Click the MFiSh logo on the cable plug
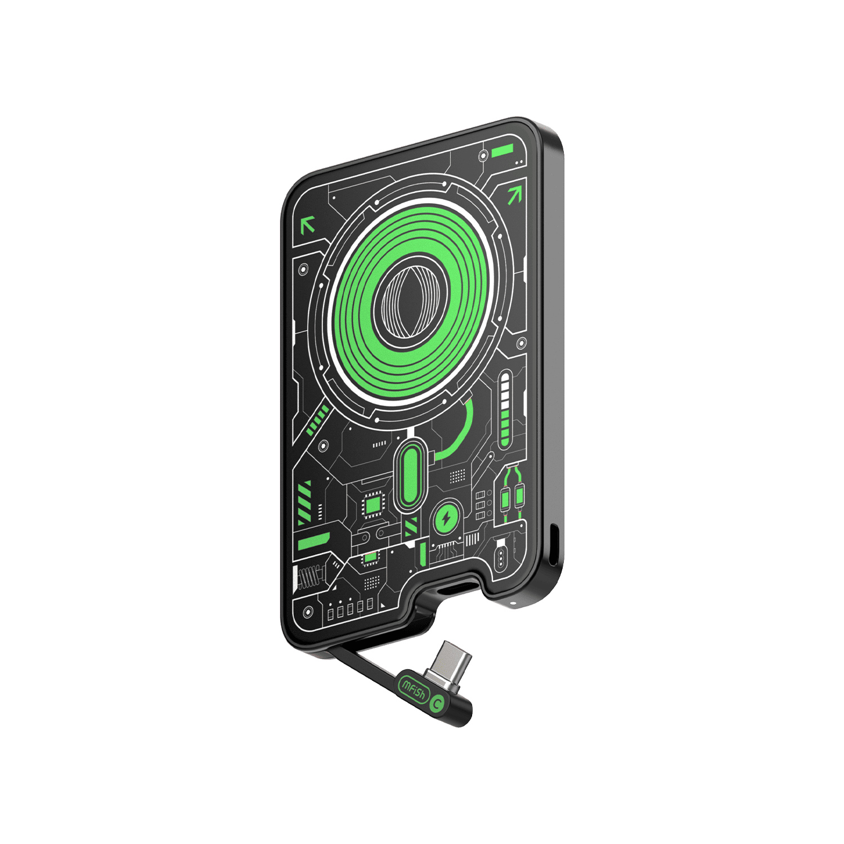click(x=413, y=689)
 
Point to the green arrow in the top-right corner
click(x=514, y=195)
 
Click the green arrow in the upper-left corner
click(x=307, y=225)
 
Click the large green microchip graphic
click(x=372, y=505)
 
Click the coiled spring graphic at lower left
click(x=310, y=577)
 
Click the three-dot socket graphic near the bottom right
click(x=499, y=558)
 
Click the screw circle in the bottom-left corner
click(x=307, y=612)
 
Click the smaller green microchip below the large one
click(x=370, y=558)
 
